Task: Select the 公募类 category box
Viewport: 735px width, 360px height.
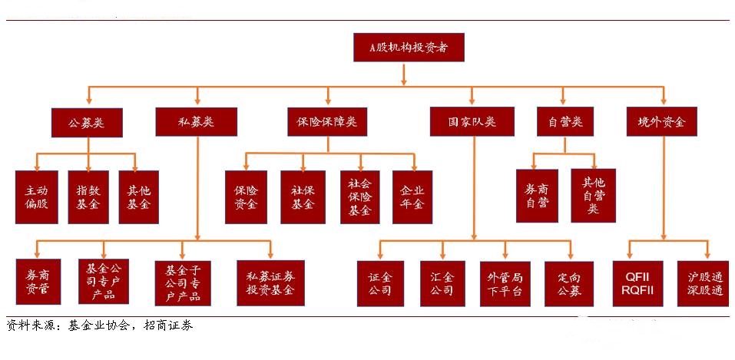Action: click(x=87, y=122)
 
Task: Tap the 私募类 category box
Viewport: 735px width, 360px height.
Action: click(x=196, y=122)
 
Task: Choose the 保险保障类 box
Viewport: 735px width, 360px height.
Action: click(x=328, y=122)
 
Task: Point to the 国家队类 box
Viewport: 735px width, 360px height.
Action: click(x=472, y=122)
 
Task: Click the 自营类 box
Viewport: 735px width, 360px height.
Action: click(x=564, y=122)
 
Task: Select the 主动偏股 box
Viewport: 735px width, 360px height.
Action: click(x=37, y=197)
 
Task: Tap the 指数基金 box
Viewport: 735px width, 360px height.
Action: click(x=88, y=197)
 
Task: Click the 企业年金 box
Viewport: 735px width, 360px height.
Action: click(x=412, y=197)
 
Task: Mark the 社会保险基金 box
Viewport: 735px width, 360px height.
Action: click(x=359, y=197)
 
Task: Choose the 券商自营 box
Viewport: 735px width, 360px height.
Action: click(x=537, y=197)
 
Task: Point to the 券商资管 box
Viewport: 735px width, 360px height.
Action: click(x=38, y=282)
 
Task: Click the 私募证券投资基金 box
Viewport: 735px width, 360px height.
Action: click(x=270, y=282)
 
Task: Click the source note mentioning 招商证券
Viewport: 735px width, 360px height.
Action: click(x=100, y=325)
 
